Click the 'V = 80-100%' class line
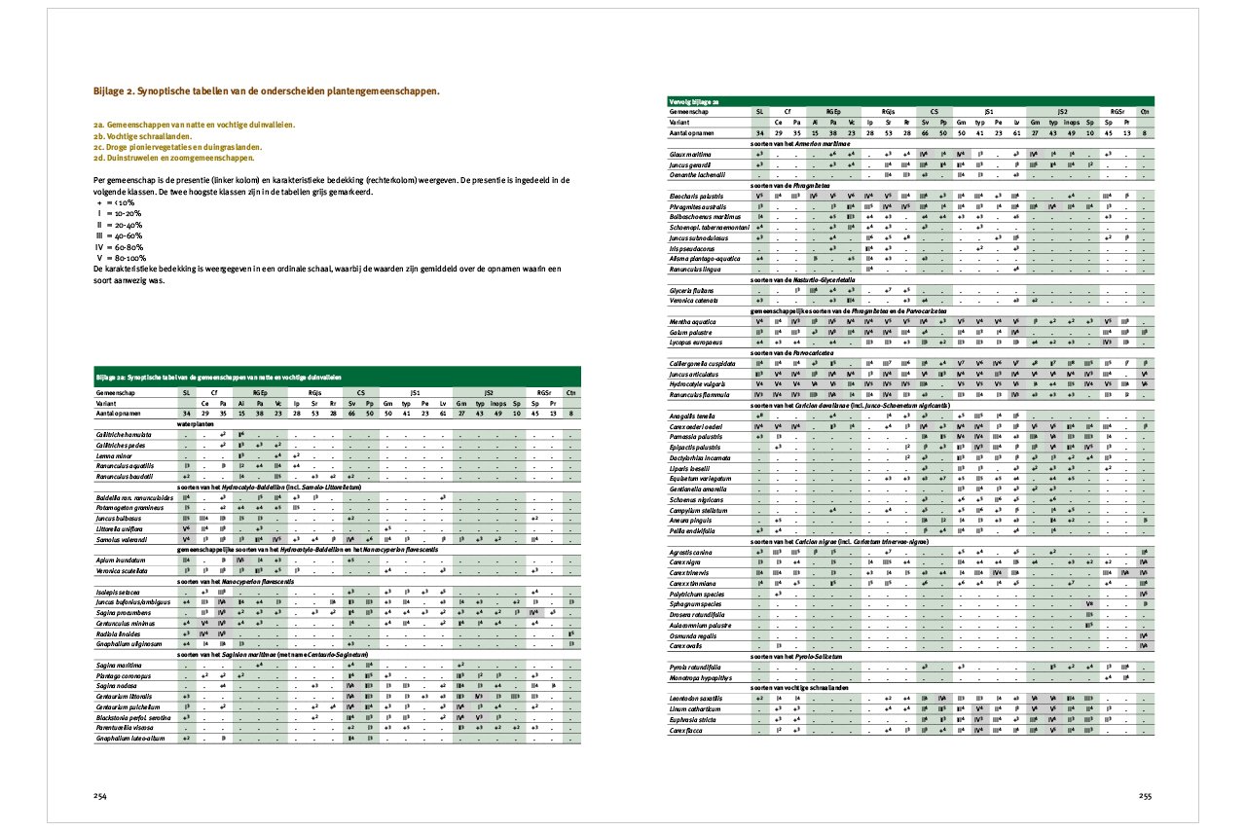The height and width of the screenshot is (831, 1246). click(123, 257)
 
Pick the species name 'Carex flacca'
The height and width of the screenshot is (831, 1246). click(686, 729)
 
